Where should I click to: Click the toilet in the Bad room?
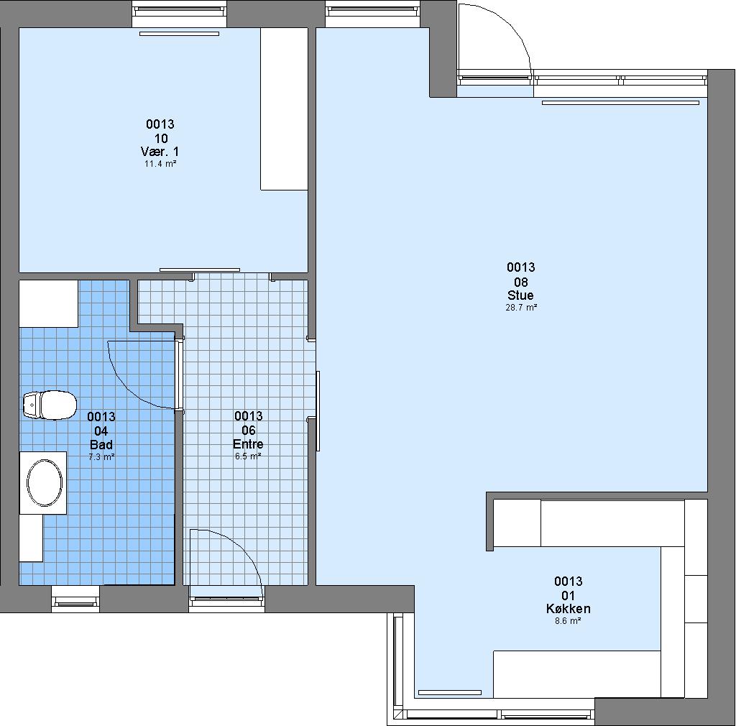[x=50, y=405]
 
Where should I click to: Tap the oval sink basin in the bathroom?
[x=45, y=483]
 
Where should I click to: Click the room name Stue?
[x=520, y=295]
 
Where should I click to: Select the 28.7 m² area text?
[x=521, y=308]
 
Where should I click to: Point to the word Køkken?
[x=569, y=609]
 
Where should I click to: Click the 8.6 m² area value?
[x=568, y=621]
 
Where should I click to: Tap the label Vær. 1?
[x=160, y=152]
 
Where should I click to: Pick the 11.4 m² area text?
[x=160, y=164]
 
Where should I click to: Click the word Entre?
[x=248, y=444]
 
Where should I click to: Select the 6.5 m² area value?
[x=248, y=456]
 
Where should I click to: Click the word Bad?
[x=101, y=444]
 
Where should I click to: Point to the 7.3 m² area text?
[x=101, y=456]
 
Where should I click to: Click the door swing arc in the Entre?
[x=240, y=545]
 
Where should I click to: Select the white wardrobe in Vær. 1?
[x=285, y=109]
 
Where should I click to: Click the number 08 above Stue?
[x=521, y=282]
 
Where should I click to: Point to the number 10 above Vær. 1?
[x=161, y=139]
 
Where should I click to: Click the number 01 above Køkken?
[x=569, y=596]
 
